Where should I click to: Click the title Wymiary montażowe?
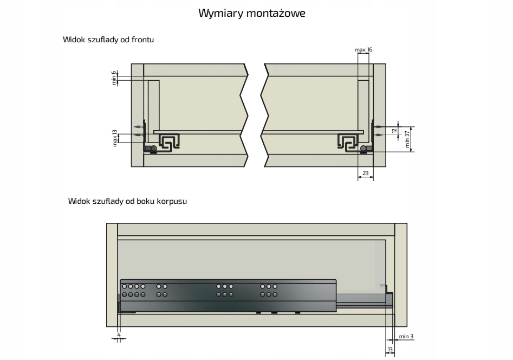(251, 13)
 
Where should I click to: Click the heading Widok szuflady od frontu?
(106, 40)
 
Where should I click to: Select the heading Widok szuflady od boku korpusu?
(128, 201)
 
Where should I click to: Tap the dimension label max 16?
(363, 50)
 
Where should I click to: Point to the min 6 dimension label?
(114, 78)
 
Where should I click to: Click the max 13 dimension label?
(115, 138)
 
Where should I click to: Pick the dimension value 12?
(394, 130)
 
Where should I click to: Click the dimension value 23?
(365, 173)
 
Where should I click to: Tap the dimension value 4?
(118, 334)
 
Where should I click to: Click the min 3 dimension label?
(406, 337)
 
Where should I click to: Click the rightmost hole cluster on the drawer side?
(268, 290)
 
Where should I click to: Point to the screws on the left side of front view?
(138, 131)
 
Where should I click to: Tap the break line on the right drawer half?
(265, 117)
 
